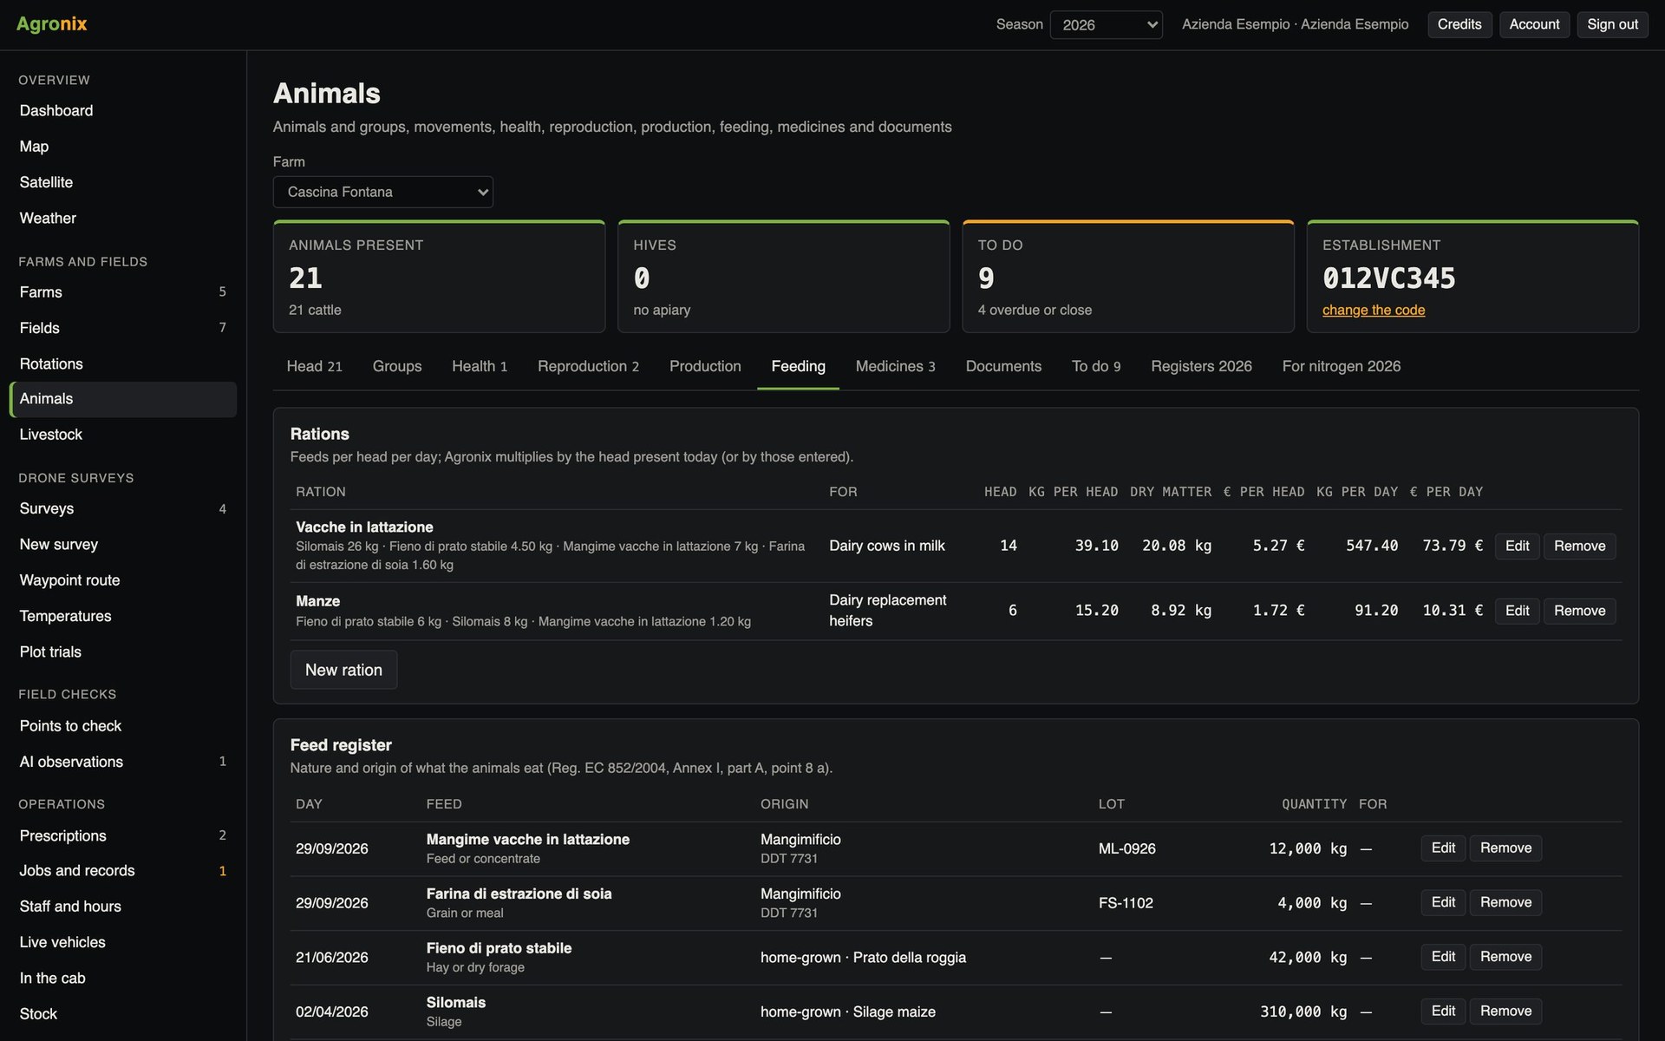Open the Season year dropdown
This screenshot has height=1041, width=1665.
tap(1106, 24)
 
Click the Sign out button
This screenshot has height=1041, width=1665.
tap(1612, 24)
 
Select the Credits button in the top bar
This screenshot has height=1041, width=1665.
tap(1459, 24)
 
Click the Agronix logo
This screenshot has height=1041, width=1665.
tap(52, 23)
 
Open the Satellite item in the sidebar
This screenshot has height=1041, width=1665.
tap(46, 182)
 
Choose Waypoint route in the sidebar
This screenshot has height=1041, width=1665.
tap(69, 580)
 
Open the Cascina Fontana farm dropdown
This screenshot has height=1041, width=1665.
tap(383, 192)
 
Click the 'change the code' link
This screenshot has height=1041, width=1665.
tap(1374, 310)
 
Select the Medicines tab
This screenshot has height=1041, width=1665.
tap(895, 366)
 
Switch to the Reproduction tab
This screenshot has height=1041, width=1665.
tap(588, 366)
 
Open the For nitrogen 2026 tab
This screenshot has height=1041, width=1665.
tap(1341, 366)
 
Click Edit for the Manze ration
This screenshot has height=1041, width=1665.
tap(1517, 611)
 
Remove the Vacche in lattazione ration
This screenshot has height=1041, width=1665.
tap(1579, 546)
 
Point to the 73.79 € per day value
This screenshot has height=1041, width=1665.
tap(1453, 546)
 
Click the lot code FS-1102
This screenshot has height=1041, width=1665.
tap(1126, 903)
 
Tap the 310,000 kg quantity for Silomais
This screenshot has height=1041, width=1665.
tap(1303, 1012)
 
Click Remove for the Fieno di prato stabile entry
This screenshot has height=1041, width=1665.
tap(1505, 957)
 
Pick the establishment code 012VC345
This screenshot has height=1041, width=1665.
tap(1389, 278)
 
